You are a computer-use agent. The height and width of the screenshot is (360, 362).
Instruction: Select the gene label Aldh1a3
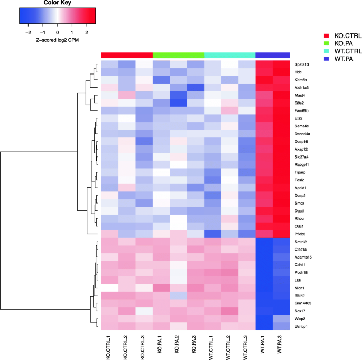pos(302,87)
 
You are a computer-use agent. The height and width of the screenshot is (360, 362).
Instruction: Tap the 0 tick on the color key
pos(58,32)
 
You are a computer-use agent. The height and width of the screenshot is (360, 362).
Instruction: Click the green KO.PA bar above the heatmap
pos(178,55)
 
